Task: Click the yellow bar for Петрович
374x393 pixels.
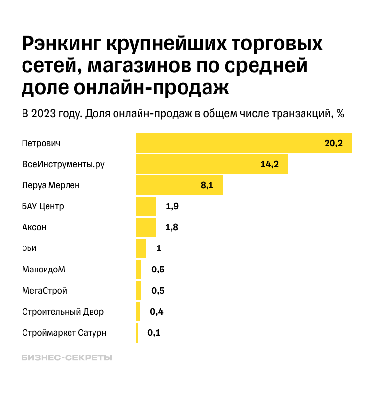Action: click(x=244, y=143)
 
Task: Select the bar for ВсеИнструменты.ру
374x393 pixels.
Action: click(x=211, y=164)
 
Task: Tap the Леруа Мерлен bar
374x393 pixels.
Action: click(x=179, y=186)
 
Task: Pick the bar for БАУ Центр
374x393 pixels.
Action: click(x=146, y=206)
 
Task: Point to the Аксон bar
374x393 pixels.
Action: click(x=145, y=227)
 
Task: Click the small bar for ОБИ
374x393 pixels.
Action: click(x=141, y=248)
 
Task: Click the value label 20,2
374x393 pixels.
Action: click(x=334, y=143)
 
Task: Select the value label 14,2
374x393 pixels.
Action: click(x=269, y=164)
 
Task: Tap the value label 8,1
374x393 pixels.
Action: click(x=207, y=186)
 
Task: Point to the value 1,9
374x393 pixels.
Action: click(x=172, y=206)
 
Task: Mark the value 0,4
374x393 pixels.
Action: click(x=157, y=312)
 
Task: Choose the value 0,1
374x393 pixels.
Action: click(x=154, y=333)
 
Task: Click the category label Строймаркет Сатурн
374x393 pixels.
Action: click(x=64, y=333)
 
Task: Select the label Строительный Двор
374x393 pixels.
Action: click(x=63, y=312)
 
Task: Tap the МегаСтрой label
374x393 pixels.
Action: click(x=45, y=291)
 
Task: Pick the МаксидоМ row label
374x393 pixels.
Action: click(x=44, y=270)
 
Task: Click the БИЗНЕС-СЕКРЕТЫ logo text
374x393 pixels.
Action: click(x=67, y=358)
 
